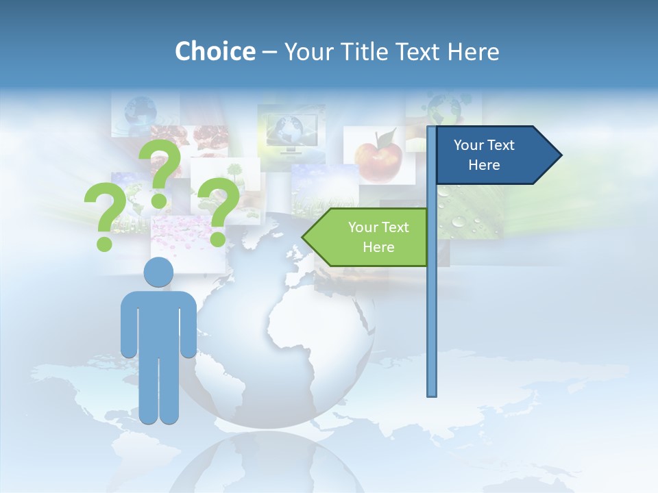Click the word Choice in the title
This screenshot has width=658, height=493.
point(215,51)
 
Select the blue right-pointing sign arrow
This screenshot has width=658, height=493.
point(493,155)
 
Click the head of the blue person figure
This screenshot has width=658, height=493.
point(158,273)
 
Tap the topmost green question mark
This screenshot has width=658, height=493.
point(160,171)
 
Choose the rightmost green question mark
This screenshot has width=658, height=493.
point(218,210)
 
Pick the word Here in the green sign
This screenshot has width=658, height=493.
point(378,247)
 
